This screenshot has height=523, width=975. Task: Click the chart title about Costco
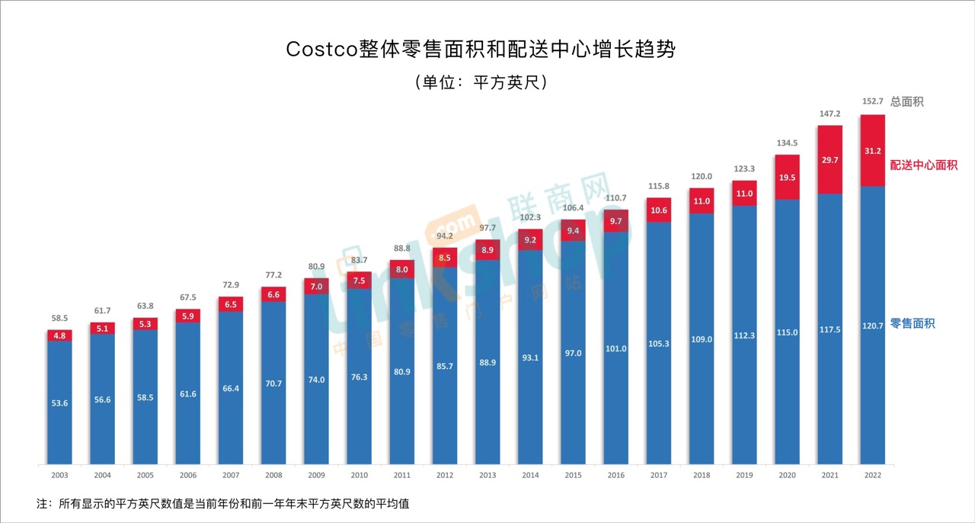click(x=481, y=50)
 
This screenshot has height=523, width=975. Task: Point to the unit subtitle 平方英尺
click(x=481, y=82)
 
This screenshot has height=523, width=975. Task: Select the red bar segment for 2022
click(x=872, y=150)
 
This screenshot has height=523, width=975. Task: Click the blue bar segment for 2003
click(x=59, y=403)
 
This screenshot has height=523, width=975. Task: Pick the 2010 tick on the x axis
click(x=360, y=475)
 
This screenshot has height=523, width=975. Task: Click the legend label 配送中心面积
click(x=923, y=165)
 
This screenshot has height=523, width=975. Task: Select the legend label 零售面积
click(x=912, y=324)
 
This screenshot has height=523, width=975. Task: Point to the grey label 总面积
click(x=906, y=101)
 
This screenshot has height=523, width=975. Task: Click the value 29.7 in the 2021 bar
click(x=829, y=159)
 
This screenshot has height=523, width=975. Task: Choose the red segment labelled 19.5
click(x=786, y=177)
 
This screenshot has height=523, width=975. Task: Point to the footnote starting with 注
click(x=222, y=504)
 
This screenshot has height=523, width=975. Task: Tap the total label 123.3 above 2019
click(x=743, y=168)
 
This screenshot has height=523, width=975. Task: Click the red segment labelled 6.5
click(x=231, y=303)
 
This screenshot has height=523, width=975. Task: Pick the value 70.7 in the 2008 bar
click(x=273, y=383)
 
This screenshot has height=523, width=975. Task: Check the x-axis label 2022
click(x=872, y=475)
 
